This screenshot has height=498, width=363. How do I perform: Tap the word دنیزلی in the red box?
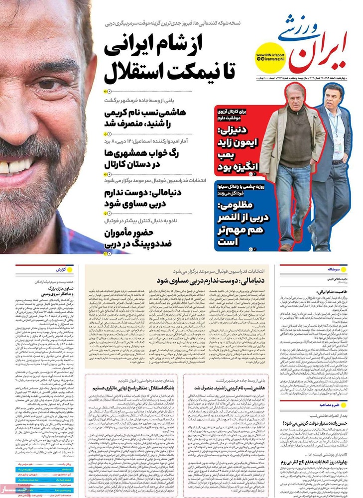[x=235, y=132]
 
